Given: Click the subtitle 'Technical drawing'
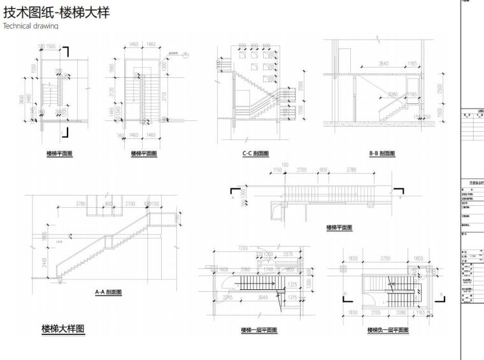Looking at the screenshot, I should click(x=30, y=26).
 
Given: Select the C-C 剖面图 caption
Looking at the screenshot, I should click(x=255, y=154).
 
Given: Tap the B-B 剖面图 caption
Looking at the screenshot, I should click(x=382, y=154).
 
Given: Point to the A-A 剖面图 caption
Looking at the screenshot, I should click(x=108, y=292).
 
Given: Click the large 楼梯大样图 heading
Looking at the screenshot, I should click(x=63, y=329).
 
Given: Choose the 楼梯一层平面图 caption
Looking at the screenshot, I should click(x=259, y=330).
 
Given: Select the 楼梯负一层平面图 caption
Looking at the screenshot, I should click(x=388, y=330).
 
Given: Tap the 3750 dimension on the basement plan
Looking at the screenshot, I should click(x=386, y=258).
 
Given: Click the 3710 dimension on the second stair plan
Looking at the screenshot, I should click(x=164, y=96).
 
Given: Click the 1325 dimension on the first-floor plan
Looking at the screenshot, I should click(x=293, y=284).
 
